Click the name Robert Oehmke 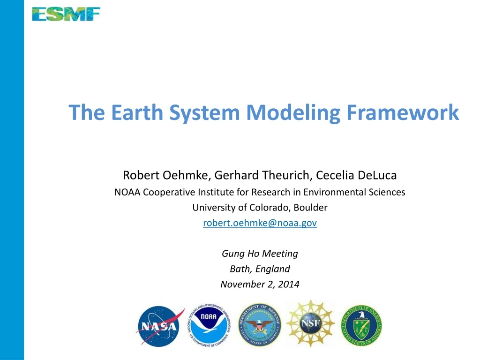[165, 175]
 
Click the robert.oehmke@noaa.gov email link [260, 223]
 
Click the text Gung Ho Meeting [260, 254]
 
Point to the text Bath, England [260, 269]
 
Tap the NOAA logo [209, 324]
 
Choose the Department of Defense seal [259, 324]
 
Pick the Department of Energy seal [361, 324]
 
